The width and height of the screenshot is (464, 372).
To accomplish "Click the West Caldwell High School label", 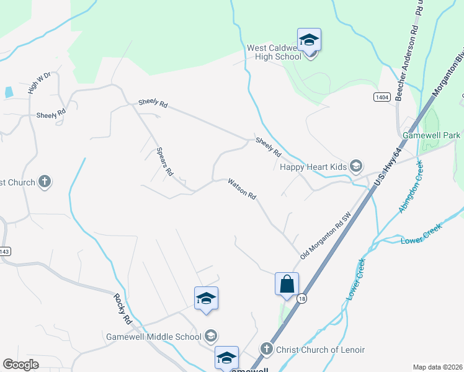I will click(x=274, y=52).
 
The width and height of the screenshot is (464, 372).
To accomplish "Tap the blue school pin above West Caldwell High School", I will click(x=309, y=40).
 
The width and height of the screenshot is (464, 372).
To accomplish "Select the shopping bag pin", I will click(x=287, y=285).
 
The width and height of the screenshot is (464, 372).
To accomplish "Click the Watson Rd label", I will click(x=242, y=189).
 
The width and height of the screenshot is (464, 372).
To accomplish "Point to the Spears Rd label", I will click(x=164, y=162).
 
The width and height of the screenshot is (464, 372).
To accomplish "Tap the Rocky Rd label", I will click(x=123, y=309).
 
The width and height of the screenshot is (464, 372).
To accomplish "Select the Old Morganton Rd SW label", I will click(x=326, y=235).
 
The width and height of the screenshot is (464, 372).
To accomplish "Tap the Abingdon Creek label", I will click(x=411, y=187).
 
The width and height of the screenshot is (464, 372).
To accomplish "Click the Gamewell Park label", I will click(x=431, y=135).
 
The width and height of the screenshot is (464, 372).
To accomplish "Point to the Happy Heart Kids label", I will click(x=313, y=166).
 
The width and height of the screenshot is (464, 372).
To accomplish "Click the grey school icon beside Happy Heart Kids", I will click(x=356, y=166).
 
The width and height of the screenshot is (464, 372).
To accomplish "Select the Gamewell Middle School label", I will click(x=153, y=337).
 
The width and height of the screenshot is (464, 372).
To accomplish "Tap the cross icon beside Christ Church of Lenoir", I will click(x=267, y=349).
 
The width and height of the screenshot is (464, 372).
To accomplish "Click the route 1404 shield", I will click(x=381, y=97).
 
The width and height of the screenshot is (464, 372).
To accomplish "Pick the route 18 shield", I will click(x=300, y=298).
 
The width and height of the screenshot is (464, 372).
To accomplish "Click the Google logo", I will click(x=20, y=365).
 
